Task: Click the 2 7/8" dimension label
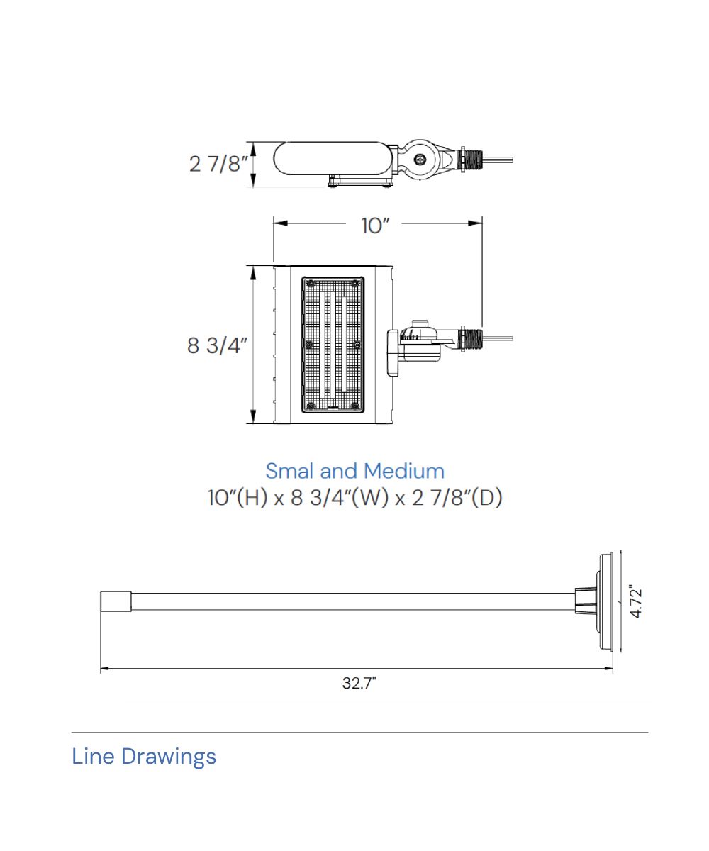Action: click(218, 164)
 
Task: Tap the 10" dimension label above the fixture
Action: click(375, 226)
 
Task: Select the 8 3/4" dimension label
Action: click(217, 345)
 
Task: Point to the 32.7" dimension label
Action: click(359, 683)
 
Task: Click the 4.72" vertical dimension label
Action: click(636, 604)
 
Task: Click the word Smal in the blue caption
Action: click(290, 471)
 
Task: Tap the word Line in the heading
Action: click(93, 757)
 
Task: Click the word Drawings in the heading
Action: click(169, 758)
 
